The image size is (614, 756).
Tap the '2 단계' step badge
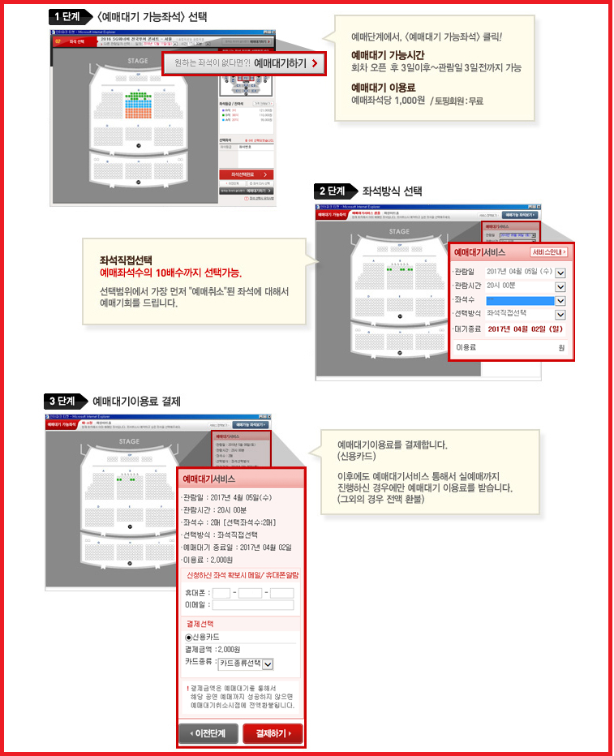coord(335,191)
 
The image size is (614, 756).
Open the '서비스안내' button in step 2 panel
coord(549,252)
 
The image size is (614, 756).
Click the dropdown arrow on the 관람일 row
coord(560,273)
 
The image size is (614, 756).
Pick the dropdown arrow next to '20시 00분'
coord(560,286)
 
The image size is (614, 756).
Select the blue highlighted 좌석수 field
coord(519,300)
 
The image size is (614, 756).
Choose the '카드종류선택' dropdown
coord(246,663)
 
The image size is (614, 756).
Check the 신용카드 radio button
coord(189,637)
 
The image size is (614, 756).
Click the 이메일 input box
coord(251,604)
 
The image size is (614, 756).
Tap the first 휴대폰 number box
coord(221,593)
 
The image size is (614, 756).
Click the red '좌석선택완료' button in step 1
coord(246,174)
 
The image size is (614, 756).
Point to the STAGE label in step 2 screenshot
coord(398,231)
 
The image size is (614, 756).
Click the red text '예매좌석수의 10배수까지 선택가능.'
coord(170,273)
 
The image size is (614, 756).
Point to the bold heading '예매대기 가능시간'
coord(384,55)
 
